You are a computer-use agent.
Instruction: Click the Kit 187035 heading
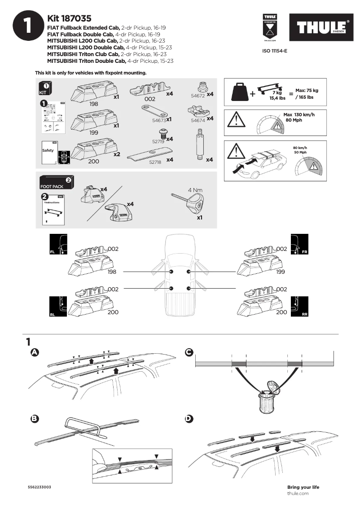click(x=69, y=19)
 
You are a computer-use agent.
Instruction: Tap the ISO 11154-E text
click(x=274, y=51)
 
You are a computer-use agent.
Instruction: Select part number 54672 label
click(x=198, y=96)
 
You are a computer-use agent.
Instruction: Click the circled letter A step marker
click(x=33, y=352)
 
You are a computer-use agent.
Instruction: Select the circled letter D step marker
click(x=189, y=418)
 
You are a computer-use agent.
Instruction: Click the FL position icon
click(x=58, y=245)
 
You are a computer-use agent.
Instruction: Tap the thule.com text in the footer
click(x=298, y=493)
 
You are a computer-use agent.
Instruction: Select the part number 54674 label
click(x=198, y=120)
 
